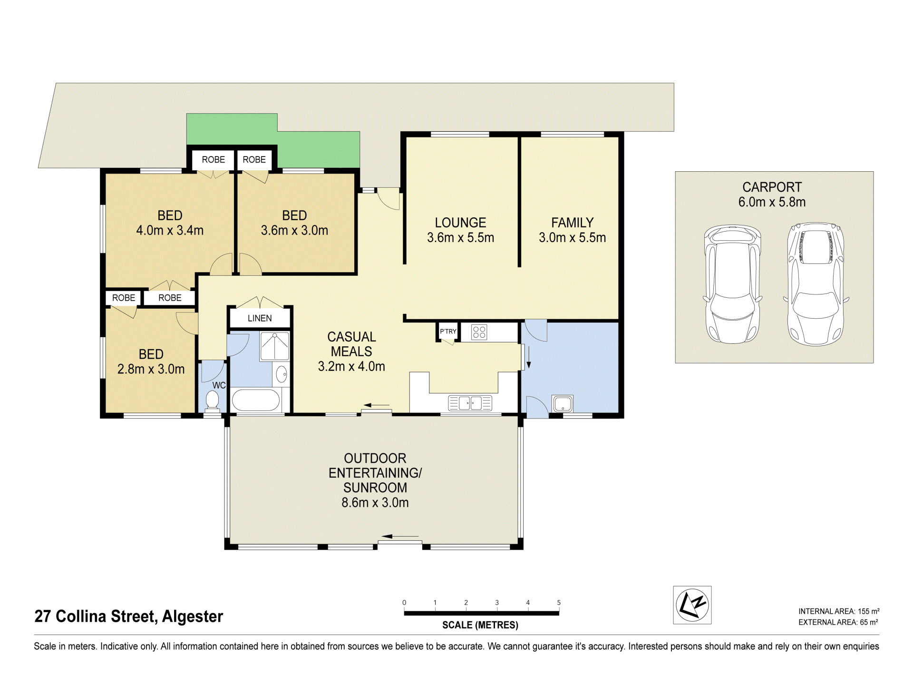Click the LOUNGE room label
460,223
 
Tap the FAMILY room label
573,223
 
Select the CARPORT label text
772,187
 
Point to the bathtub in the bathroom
255,400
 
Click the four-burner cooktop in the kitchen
479,332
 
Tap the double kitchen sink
470,403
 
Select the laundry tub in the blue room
563,404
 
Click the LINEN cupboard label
260,318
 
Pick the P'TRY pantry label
448,332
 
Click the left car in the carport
733,284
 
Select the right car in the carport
816,283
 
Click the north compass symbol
692,605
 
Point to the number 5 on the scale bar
559,603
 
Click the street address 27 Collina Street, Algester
129,616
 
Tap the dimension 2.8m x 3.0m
151,369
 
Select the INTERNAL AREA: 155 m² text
839,611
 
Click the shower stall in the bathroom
274,346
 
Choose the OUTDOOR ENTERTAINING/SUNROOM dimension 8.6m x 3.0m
375,502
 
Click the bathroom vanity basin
282,375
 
